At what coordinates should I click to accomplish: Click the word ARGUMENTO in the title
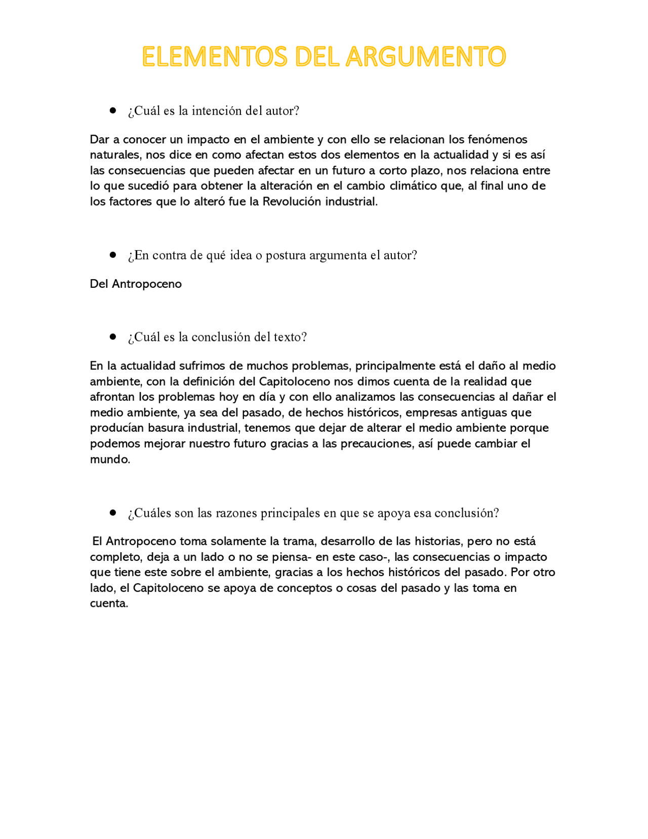tap(426, 57)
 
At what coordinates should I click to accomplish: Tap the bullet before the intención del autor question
tap(113, 110)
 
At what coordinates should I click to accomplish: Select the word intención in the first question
tap(217, 111)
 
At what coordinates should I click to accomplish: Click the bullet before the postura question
tap(113, 255)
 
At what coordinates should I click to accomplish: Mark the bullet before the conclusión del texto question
tap(113, 337)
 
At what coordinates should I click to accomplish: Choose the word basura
tap(166, 428)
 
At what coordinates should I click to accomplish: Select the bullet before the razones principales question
tap(113, 513)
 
